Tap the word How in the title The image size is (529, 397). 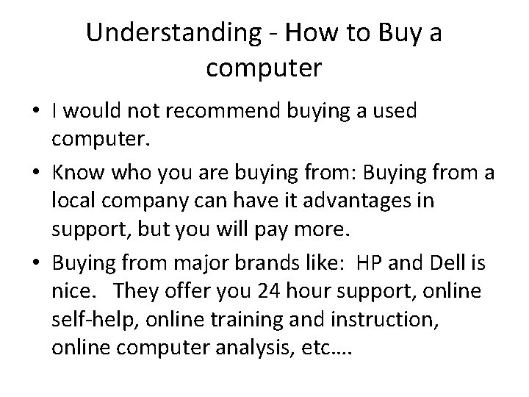[313, 33]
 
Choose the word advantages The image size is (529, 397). [347, 200]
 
